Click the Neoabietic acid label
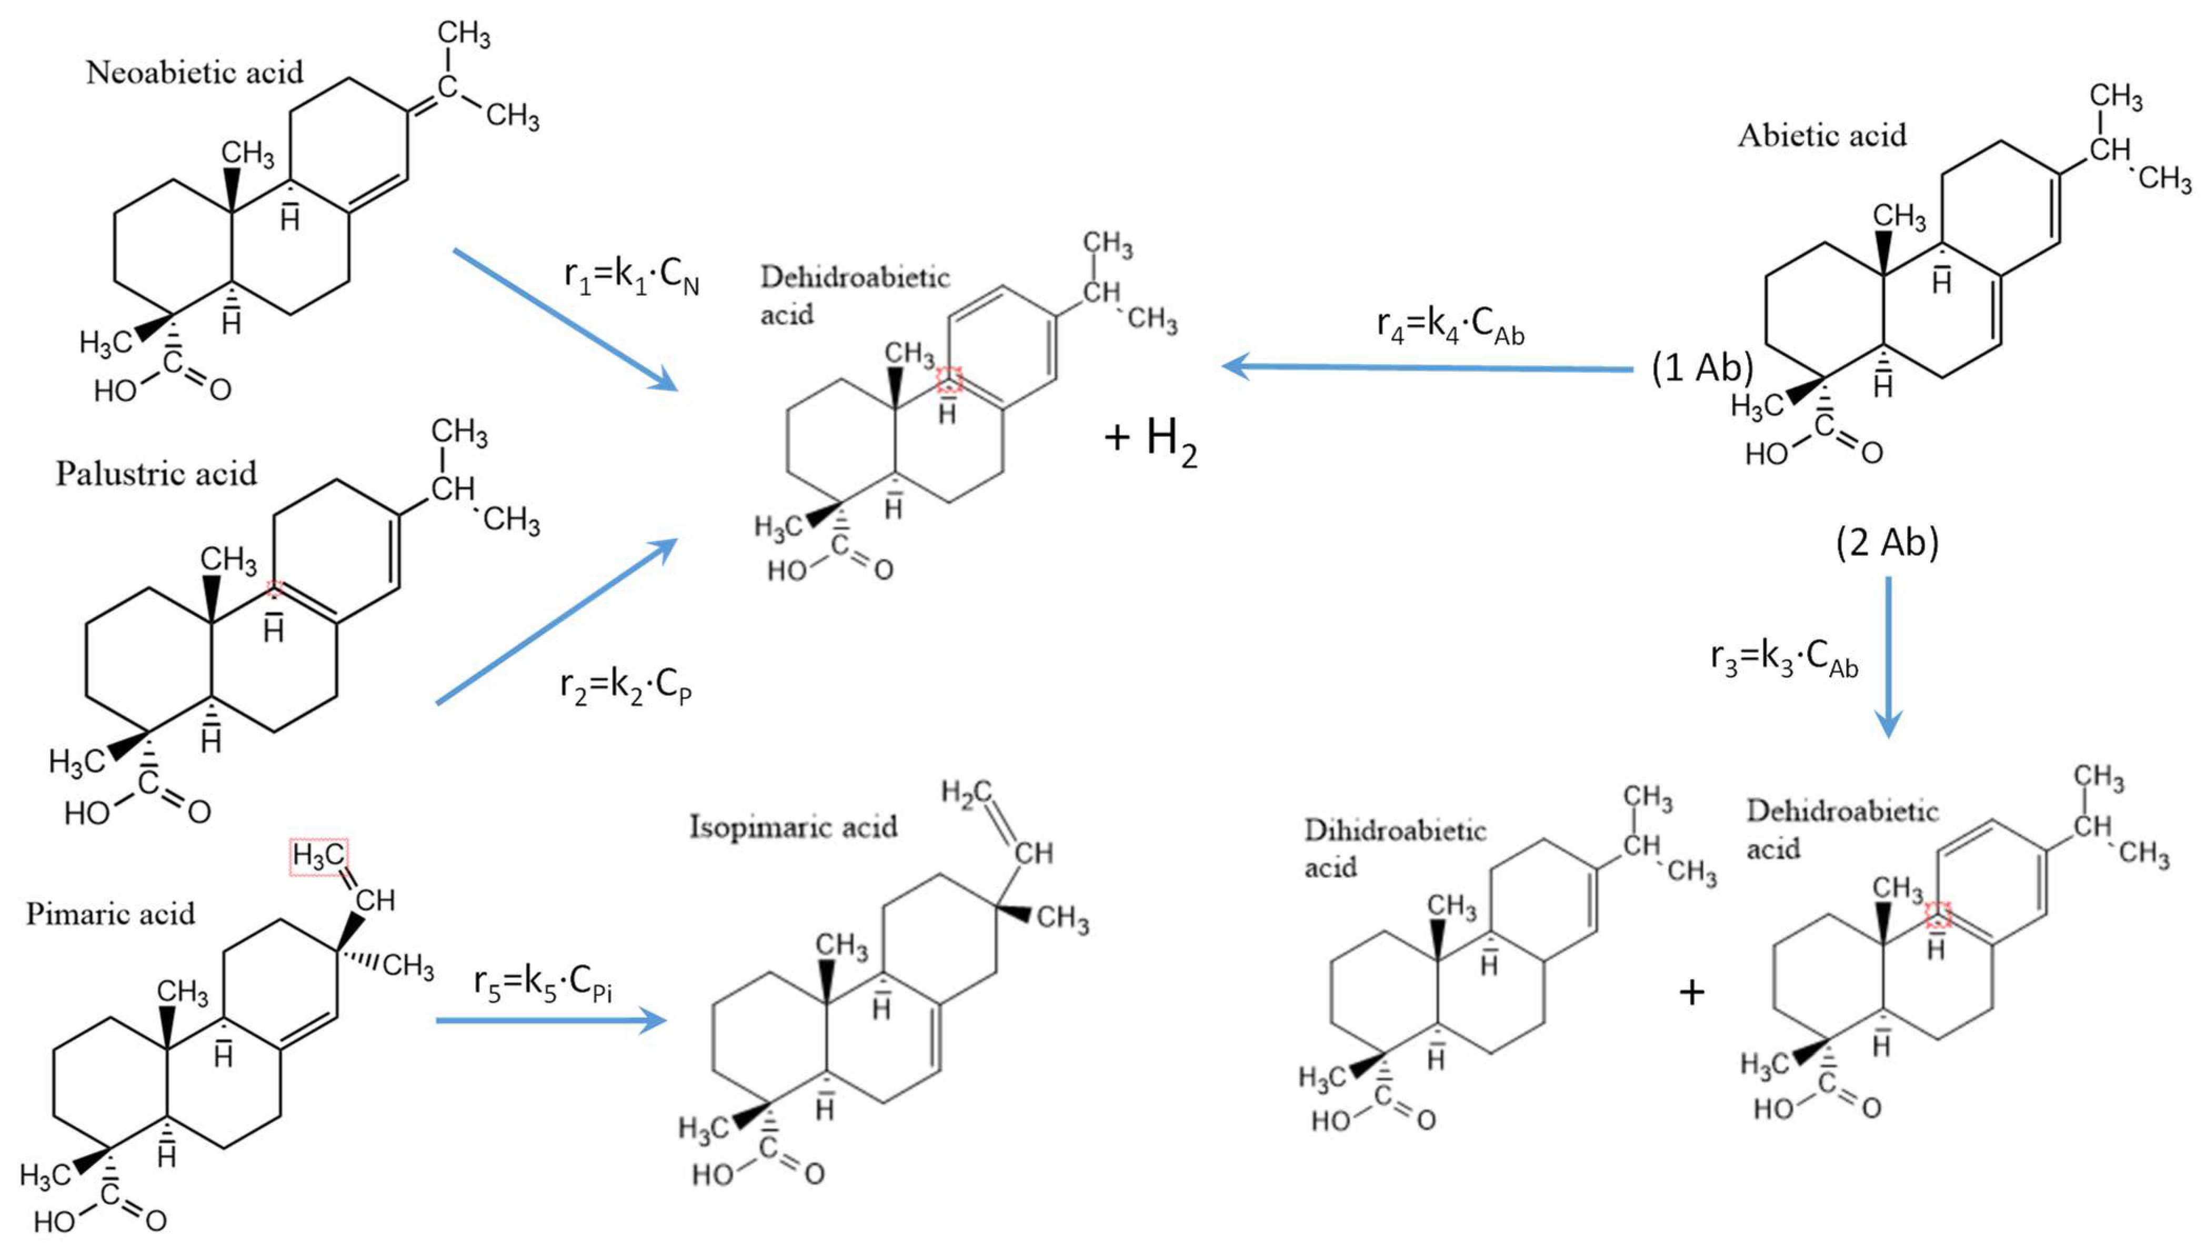pos(195,73)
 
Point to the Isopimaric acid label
pos(794,827)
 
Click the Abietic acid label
pos(1822,135)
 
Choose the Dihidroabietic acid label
pos(1394,848)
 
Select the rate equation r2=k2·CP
pos(626,686)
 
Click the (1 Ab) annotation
pos(1702,368)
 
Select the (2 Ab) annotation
pos(1887,543)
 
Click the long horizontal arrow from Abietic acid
pos(1427,368)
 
